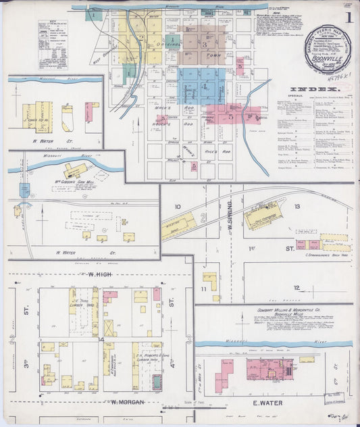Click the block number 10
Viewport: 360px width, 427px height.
[178, 207]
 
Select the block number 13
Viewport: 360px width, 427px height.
[297, 207]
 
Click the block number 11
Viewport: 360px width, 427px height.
[203, 288]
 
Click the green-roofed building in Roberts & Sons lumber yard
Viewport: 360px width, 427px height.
[157, 382]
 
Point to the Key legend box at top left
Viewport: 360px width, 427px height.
[52, 44]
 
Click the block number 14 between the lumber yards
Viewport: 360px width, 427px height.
[101, 340]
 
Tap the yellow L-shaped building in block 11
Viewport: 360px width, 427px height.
[211, 280]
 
